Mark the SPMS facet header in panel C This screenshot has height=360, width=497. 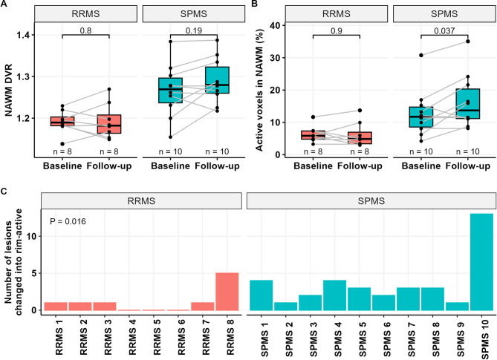click(x=369, y=200)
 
